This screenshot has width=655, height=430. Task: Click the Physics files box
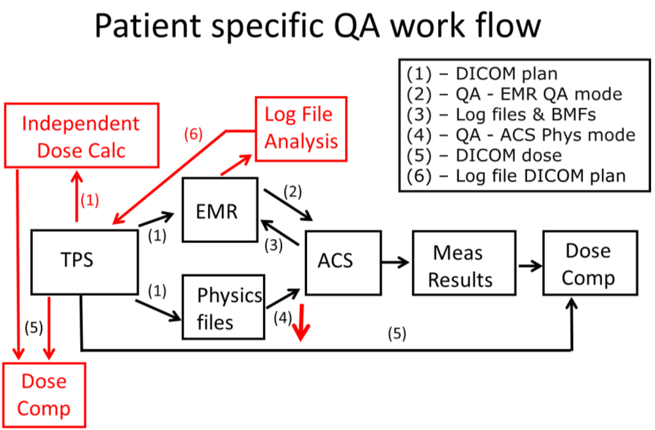pos(223,307)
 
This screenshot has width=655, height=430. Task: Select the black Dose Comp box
pos(588,263)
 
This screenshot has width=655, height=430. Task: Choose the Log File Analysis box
pos(301,128)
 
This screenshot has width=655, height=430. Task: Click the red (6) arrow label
pos(193,135)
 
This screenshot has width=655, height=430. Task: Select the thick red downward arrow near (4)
pos(301,327)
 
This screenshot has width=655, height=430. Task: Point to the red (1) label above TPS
pos(90,200)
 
